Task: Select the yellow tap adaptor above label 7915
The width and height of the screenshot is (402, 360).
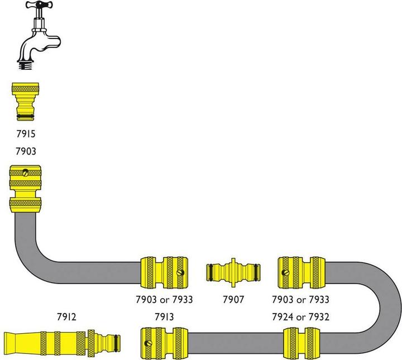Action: pos(23,102)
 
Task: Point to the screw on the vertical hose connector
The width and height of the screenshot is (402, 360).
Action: pos(25,174)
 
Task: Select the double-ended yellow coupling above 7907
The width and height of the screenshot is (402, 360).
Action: pos(232,272)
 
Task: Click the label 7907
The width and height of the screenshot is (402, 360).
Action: pos(232,300)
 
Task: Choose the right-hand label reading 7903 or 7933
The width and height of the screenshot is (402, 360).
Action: pos(301,300)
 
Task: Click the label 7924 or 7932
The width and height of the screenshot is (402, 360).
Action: pos(301,317)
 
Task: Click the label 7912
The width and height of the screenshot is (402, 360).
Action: pos(66,317)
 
